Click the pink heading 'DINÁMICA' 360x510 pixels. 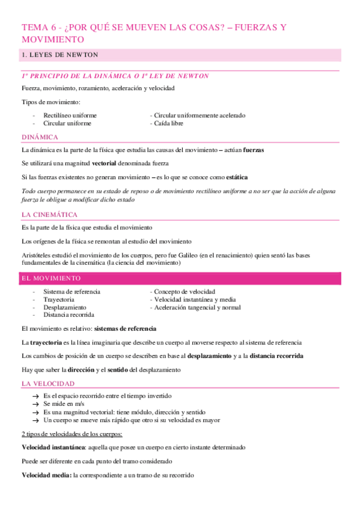click(40, 137)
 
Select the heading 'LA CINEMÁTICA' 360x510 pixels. click(49, 215)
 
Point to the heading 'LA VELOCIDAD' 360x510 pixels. click(48, 383)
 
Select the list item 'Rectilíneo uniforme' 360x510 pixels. click(70, 115)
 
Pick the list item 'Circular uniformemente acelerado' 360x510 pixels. click(200, 115)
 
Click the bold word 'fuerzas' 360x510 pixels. click(253, 149)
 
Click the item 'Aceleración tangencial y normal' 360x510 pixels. click(197, 307)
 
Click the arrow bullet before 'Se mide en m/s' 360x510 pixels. click(36, 405)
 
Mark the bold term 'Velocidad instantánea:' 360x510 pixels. click(52, 447)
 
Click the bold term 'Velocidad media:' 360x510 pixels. click(46, 475)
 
